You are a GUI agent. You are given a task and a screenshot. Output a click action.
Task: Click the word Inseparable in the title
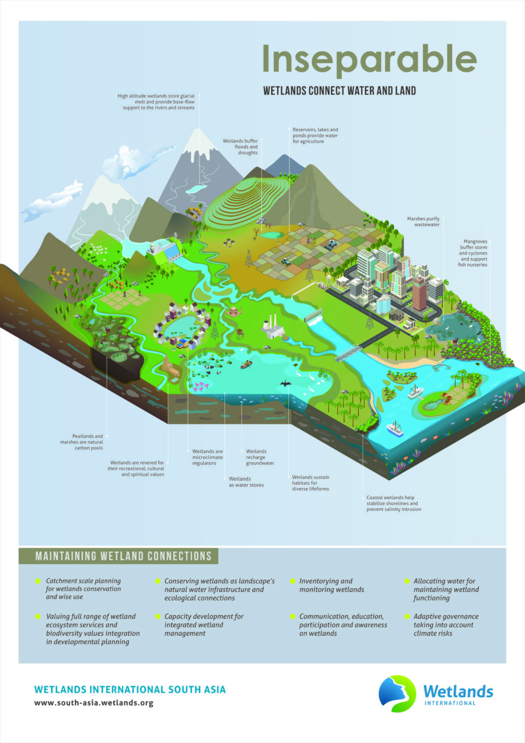(x=369, y=59)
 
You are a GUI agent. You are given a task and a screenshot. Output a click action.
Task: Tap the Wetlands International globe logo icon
(x=397, y=693)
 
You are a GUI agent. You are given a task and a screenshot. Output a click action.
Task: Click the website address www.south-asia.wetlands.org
(x=93, y=703)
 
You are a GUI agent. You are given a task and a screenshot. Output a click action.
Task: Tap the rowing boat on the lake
(x=246, y=364)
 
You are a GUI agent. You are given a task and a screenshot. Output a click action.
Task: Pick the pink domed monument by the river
(x=234, y=311)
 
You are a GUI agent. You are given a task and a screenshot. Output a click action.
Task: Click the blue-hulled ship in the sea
(x=394, y=429)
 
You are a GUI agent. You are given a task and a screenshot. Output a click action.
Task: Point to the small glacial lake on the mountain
(x=196, y=189)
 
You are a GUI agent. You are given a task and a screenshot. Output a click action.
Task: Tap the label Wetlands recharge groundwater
(x=260, y=457)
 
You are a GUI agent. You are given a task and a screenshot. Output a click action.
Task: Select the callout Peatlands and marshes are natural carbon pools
(x=82, y=442)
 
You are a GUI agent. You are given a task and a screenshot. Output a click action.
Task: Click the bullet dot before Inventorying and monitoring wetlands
(x=293, y=581)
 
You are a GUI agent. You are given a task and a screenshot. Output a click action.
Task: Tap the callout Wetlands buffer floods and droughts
(x=240, y=147)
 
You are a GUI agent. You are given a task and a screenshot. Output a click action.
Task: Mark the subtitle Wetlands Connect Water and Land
(x=339, y=90)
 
